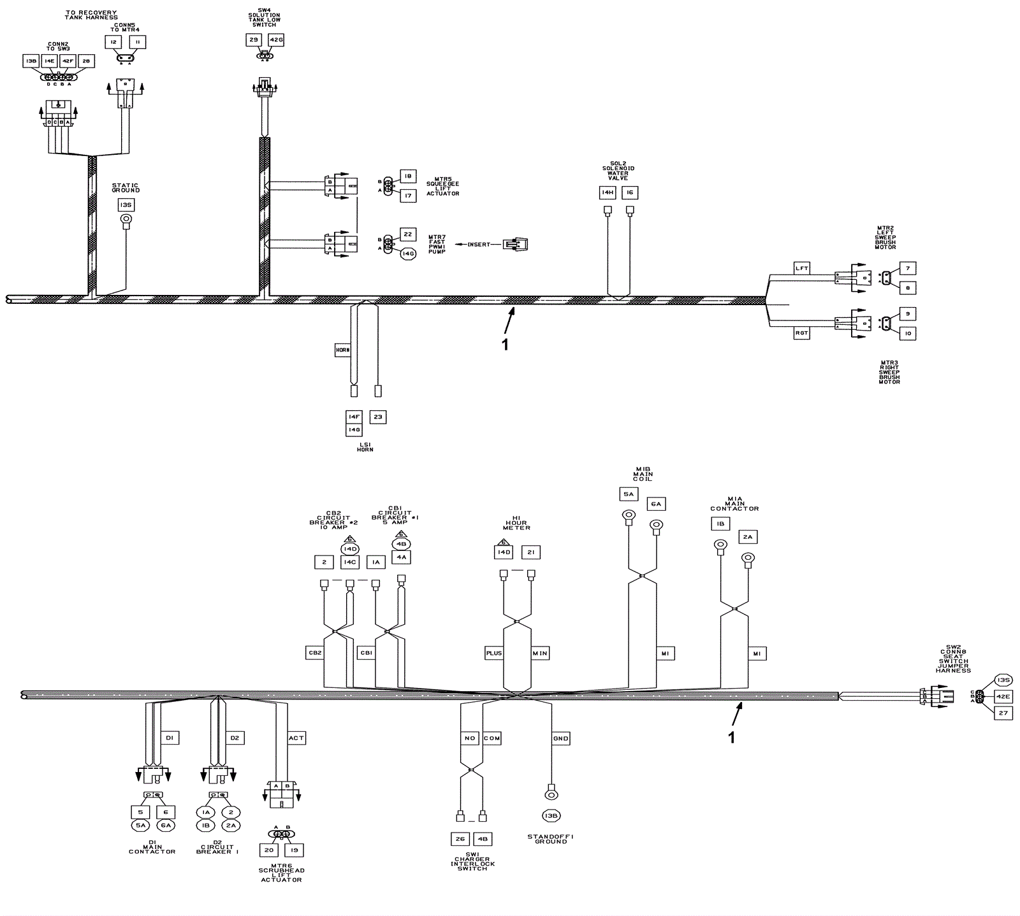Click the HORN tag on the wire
[x=343, y=350]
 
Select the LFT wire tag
[x=801, y=268]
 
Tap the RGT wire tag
[x=801, y=333]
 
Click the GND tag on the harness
[x=560, y=738]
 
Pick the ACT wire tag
[x=296, y=738]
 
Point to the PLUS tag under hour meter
[x=494, y=653]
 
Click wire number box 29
[x=254, y=40]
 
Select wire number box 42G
[x=275, y=40]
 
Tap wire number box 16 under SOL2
[x=630, y=192]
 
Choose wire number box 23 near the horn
[x=378, y=417]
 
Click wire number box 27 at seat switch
[x=1003, y=713]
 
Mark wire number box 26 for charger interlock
[x=460, y=839]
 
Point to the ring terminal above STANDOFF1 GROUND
[x=550, y=794]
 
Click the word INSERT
[x=479, y=245]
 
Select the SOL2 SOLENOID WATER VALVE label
[x=618, y=171]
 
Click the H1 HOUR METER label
[x=516, y=523]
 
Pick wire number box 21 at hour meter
[x=530, y=552]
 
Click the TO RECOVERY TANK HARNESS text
[x=92, y=15]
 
